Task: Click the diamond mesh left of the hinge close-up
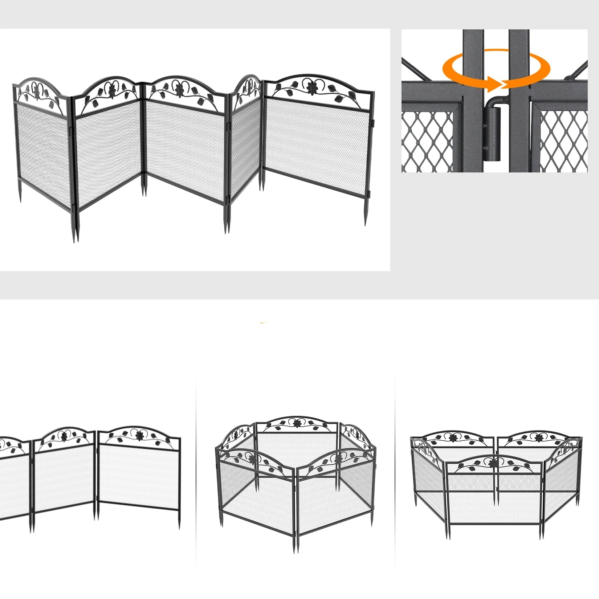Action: click(427, 142)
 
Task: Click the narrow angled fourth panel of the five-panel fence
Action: click(245, 145)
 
